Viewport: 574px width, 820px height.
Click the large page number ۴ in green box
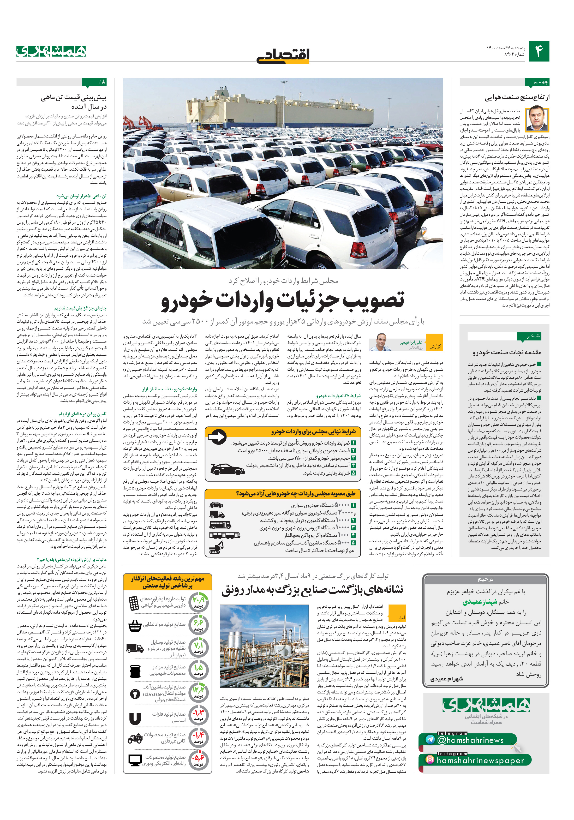click(x=538, y=51)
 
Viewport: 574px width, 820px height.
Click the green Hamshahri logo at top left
click(x=51, y=51)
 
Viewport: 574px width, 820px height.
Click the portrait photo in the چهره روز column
click(x=537, y=119)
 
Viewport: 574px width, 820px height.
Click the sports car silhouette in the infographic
click(x=228, y=469)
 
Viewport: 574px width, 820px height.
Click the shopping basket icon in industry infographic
click(x=135, y=625)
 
